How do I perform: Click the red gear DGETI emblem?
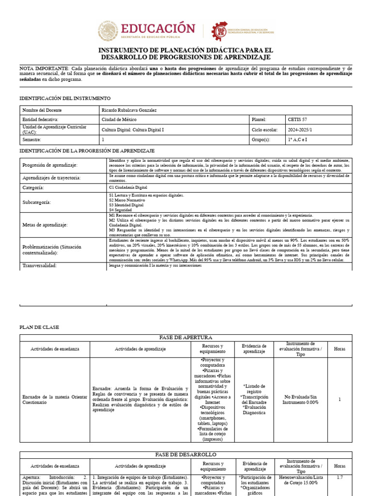(220, 31)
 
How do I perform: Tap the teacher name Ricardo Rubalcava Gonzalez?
(129, 110)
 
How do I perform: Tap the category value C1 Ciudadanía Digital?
(128, 187)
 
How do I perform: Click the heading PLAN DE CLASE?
(39, 327)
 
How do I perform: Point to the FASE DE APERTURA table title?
(186, 338)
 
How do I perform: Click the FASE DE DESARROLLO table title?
(186, 455)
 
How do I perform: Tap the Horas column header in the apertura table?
(340, 349)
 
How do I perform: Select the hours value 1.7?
(340, 478)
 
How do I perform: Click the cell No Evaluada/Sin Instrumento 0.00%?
(301, 399)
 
